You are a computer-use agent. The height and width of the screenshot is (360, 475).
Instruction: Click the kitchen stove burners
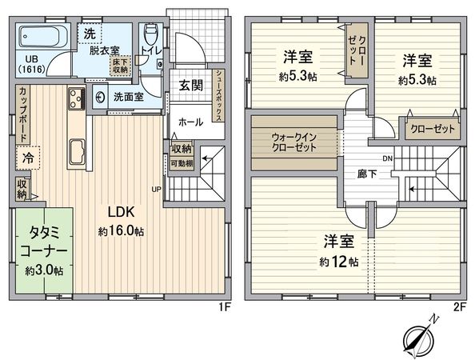pos(76,100)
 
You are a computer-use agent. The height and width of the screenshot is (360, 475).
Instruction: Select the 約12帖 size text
pos(338,262)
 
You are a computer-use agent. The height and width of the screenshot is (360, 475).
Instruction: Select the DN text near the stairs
pos(388,158)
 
